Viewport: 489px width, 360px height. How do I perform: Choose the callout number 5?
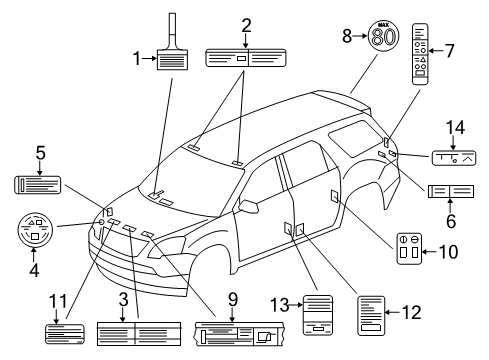point(40,154)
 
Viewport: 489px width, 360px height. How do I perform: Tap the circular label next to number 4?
point(34,233)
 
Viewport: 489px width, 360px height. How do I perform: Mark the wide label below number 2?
point(245,59)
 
